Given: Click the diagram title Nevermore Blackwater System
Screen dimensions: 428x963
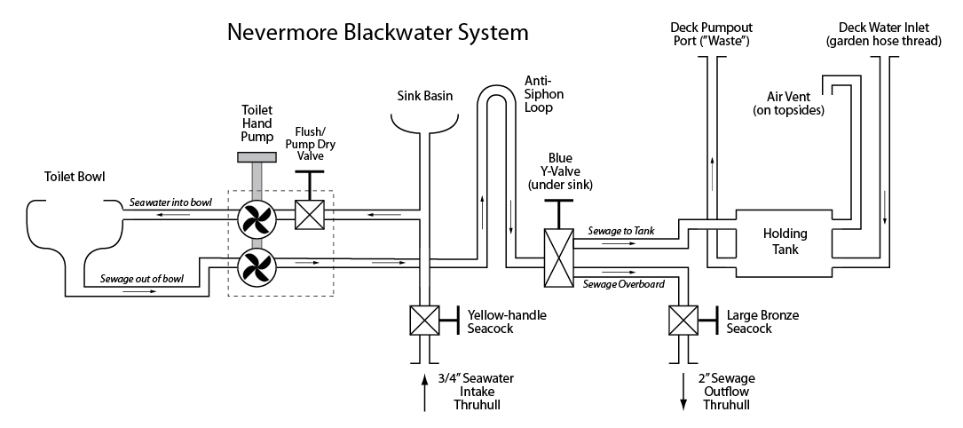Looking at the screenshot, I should (378, 33).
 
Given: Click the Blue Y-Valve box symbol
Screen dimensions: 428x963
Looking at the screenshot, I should (559, 258).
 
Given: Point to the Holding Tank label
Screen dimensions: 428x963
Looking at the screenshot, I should (785, 242).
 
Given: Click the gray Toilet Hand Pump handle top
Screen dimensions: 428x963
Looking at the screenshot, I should (254, 157).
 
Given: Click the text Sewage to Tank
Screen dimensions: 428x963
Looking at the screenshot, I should (621, 231).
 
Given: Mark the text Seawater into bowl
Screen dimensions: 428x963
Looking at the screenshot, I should (170, 202).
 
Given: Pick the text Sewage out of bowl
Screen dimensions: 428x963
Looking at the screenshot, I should (142, 279).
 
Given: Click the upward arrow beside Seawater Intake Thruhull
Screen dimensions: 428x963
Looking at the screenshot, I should (424, 391).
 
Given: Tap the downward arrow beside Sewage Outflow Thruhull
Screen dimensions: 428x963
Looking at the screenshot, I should (683, 391).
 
